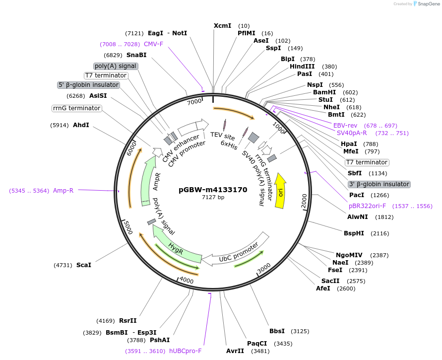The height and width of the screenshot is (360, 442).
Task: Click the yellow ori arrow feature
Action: click(280, 191)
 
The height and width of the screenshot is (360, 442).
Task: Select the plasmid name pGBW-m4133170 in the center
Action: click(213, 190)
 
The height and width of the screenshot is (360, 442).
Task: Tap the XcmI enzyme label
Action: click(222, 25)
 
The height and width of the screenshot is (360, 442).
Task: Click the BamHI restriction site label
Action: click(324, 92)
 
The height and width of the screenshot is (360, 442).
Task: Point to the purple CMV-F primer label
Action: click(153, 44)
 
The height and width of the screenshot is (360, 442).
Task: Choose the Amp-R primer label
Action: click(63, 190)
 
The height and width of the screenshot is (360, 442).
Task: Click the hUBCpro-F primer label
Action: click(186, 351)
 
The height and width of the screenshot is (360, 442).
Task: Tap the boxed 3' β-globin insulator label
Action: click(379, 184)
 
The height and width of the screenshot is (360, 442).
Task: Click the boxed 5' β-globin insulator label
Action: click(89, 85)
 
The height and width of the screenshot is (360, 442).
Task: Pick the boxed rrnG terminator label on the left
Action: click(76, 108)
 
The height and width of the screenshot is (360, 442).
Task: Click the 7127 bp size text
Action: click(213, 198)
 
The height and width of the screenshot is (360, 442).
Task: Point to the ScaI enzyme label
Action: click(84, 265)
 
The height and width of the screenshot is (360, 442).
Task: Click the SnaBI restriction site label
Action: click(136, 55)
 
